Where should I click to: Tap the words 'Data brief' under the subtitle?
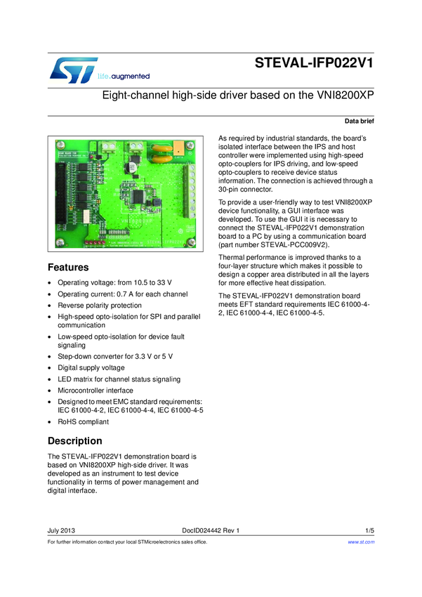359,122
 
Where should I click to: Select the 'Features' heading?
67,268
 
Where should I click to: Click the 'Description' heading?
74,441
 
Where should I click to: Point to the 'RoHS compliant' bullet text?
83,421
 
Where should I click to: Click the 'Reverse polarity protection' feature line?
99,306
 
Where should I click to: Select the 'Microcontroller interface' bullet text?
95,390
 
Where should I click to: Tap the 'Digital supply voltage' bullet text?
91,367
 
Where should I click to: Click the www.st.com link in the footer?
361,542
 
